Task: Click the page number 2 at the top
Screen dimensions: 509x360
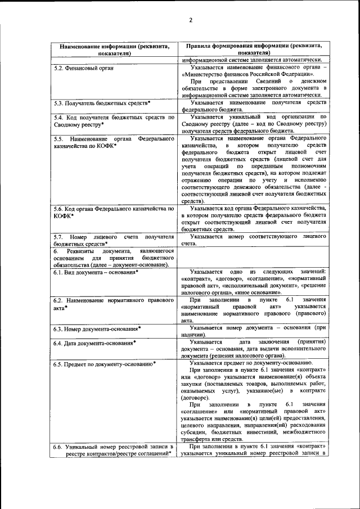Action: point(190,21)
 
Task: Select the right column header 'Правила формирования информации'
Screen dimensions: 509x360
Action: point(251,46)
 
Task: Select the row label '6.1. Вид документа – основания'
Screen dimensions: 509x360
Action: point(96,272)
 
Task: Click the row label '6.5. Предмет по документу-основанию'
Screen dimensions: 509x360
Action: point(105,364)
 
